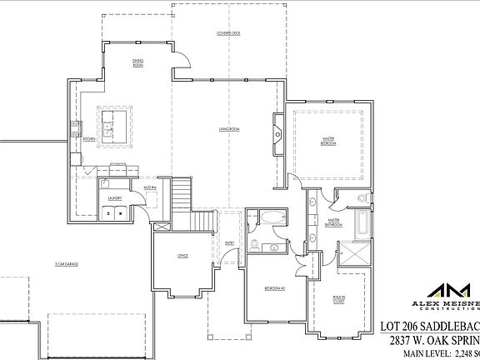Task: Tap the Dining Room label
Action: coord(139,62)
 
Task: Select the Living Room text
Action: coord(229,129)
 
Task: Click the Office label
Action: coord(182,256)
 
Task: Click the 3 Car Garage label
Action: coord(67,263)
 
